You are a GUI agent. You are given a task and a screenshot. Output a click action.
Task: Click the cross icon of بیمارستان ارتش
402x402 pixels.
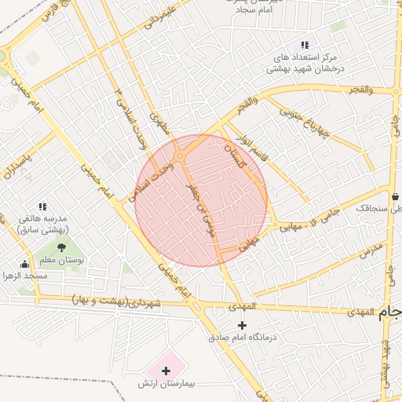click(x=166, y=370)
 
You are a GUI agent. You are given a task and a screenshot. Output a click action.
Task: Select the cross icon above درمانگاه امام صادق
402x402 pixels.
click(x=242, y=325)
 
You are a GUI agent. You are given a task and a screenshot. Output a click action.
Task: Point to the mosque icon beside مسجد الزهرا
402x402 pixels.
click(x=24, y=264)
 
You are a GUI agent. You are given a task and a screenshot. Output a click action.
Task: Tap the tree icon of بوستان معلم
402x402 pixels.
click(x=61, y=248)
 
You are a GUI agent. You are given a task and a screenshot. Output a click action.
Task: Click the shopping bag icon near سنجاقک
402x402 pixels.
click(x=394, y=196)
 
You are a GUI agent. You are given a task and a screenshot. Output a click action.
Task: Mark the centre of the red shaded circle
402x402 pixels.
click(x=202, y=200)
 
